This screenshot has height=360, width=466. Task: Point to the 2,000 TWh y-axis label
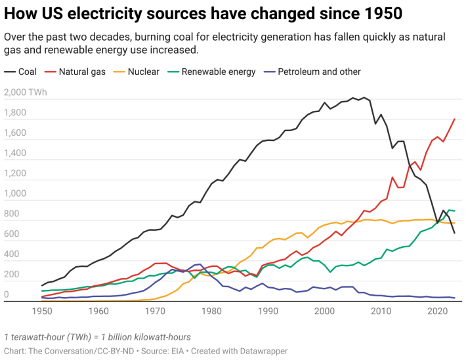coord(25,92)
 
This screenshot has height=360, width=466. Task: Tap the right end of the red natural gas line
coord(455,119)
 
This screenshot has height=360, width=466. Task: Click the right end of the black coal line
coord(455,233)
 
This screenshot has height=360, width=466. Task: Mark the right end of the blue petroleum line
coord(455,298)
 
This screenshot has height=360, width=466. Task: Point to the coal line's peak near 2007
coord(364,98)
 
